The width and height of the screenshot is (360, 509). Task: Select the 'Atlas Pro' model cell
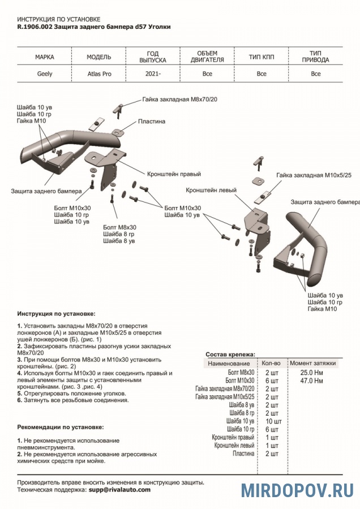[x=99, y=74]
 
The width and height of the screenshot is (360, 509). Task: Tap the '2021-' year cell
[x=153, y=74]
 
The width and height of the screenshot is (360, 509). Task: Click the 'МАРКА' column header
[x=45, y=58]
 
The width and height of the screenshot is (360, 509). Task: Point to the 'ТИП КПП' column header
[x=261, y=58]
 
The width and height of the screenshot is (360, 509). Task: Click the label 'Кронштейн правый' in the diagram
[x=174, y=174]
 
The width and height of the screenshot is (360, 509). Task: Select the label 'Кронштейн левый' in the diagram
[x=211, y=190]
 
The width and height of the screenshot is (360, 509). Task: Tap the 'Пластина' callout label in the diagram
[x=151, y=122]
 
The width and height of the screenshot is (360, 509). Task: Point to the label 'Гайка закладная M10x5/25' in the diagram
[x=314, y=176]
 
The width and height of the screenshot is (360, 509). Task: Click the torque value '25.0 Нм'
[x=312, y=373]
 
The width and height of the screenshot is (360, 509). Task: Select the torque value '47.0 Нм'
[x=312, y=381]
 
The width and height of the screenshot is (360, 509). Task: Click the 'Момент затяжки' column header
[x=312, y=363]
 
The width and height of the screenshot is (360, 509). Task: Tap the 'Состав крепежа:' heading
[x=230, y=353]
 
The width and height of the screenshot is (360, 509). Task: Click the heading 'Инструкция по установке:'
[x=57, y=313]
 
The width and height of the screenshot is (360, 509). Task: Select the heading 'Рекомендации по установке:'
[x=61, y=427]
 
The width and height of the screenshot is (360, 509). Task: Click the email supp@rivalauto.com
[x=119, y=490]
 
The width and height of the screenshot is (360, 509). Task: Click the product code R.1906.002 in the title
[x=34, y=27]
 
